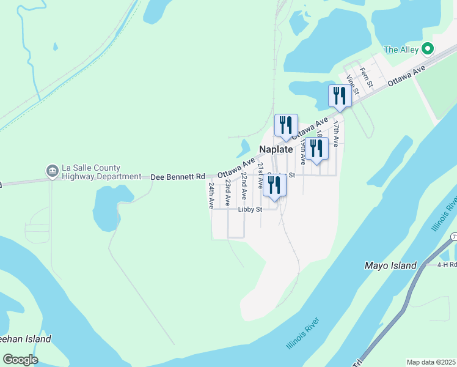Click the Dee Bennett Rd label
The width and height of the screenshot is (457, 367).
pyautogui.click(x=178, y=176)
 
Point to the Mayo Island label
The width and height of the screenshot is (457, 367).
pyautogui.click(x=390, y=265)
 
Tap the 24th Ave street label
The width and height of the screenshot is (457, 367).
pyautogui.click(x=211, y=195)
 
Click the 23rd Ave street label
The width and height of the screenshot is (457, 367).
pyautogui.click(x=227, y=191)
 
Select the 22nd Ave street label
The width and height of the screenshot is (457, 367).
pyautogui.click(x=243, y=185)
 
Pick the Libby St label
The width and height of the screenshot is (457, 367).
pyautogui.click(x=250, y=209)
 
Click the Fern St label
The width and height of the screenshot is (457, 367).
pyautogui.click(x=365, y=78)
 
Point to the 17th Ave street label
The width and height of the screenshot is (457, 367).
pyautogui.click(x=335, y=132)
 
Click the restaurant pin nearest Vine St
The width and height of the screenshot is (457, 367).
pyautogui.click(x=339, y=96)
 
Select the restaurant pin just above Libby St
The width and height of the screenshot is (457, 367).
pyautogui.click(x=274, y=186)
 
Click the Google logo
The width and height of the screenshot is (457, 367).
pyautogui.click(x=20, y=360)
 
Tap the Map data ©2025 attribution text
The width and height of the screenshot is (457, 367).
pyautogui.click(x=430, y=362)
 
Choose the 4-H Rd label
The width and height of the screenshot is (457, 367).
pyautogui.click(x=447, y=265)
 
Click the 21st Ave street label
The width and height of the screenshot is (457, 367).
pyautogui.click(x=260, y=175)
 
